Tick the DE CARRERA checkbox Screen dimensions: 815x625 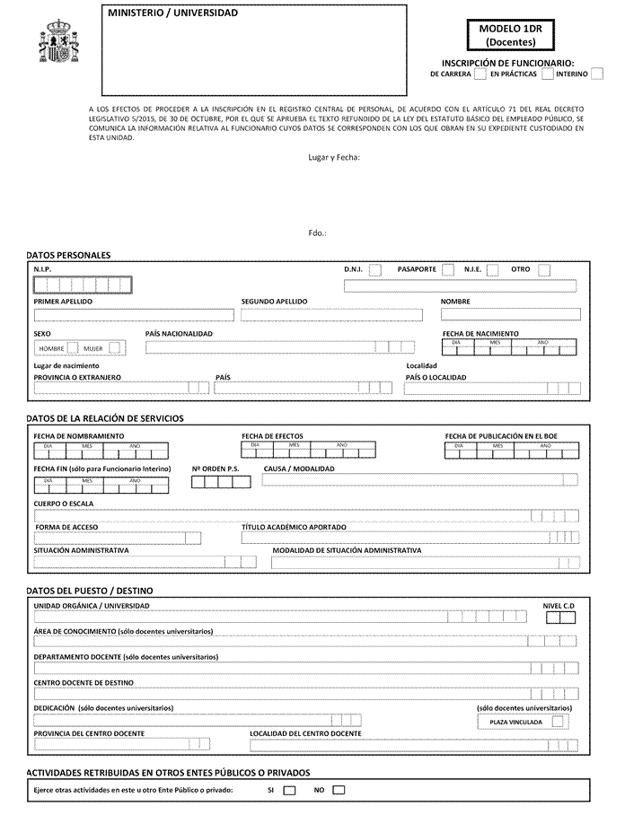coord(480,74)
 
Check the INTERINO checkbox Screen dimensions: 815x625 coord(597,74)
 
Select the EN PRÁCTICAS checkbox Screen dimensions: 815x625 coord(547,74)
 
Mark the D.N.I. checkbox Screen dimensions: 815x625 coord(374,269)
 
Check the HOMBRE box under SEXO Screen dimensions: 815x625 coord(73,347)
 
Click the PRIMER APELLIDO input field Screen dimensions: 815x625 coord(134,315)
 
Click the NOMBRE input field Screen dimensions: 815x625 coord(508,315)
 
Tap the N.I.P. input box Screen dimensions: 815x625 coord(83,285)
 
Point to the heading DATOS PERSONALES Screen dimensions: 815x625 coord(68,255)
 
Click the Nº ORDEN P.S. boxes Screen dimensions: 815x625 coord(220,482)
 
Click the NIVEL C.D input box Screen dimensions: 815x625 coord(559,617)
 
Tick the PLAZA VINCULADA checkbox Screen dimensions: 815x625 coord(559,721)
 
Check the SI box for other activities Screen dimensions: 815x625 coord(289,791)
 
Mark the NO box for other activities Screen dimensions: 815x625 coord(339,791)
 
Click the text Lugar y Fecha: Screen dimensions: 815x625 coord(333,158)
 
